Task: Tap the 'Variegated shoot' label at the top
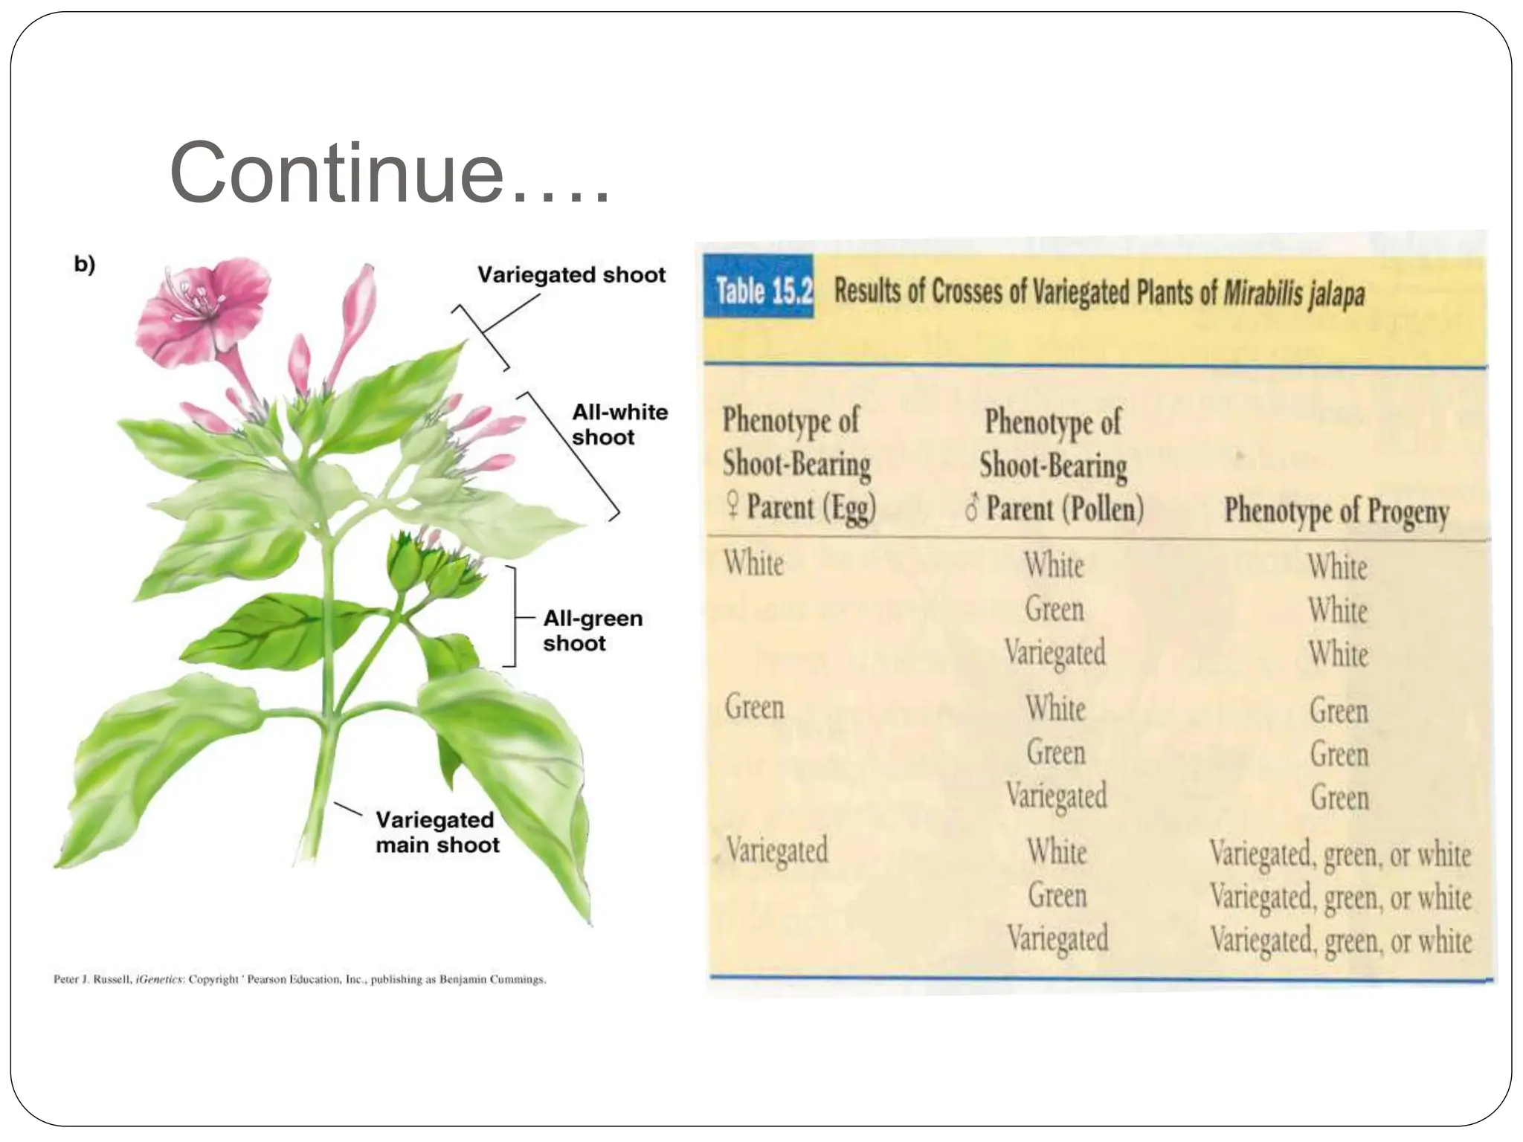[571, 275]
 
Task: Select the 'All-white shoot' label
[619, 425]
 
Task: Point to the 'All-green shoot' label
[592, 630]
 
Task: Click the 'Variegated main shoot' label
[437, 832]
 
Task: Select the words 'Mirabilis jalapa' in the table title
[1293, 294]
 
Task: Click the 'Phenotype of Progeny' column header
[1336, 511]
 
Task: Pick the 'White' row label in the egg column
[753, 563]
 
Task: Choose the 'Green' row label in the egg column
[754, 706]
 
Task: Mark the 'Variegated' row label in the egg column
[776, 849]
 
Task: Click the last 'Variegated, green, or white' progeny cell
[1340, 940]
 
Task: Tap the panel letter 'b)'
[85, 265]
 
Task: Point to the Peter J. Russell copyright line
[300, 979]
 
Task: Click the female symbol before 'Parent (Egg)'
[732, 507]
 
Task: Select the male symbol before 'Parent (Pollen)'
[970, 509]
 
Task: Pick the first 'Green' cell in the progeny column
[1339, 711]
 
